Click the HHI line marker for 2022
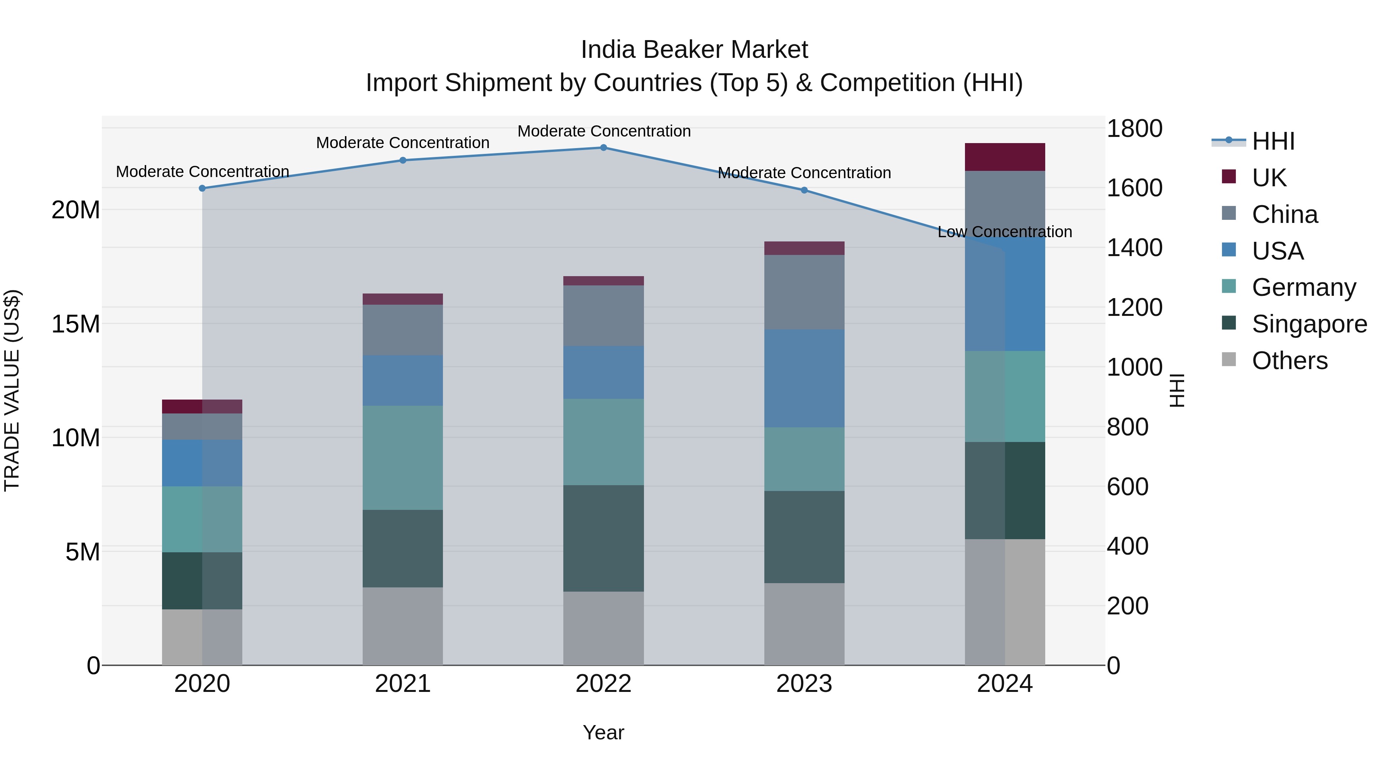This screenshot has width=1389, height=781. tap(603, 148)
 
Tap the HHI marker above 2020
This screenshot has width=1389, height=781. tap(202, 188)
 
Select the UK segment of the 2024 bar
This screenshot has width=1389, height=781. tap(1005, 157)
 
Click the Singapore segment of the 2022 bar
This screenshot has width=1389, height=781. tap(603, 538)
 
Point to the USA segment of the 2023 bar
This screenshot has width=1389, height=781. tap(804, 378)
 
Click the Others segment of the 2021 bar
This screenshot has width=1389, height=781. tap(403, 626)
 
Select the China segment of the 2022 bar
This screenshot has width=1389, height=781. tap(603, 315)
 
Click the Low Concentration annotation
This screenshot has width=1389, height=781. tap(1005, 232)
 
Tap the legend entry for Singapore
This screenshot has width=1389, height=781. tap(1309, 324)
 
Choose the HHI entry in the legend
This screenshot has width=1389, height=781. tap(1272, 141)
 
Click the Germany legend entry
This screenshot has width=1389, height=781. tap(1303, 287)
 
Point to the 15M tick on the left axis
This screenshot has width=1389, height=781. tap(76, 324)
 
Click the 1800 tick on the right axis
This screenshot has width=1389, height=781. tap(1134, 129)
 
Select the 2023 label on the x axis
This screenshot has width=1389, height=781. tap(804, 684)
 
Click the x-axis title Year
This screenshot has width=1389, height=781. tap(603, 732)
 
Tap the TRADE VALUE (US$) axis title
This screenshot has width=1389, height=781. tap(12, 390)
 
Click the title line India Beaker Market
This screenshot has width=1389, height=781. tap(694, 50)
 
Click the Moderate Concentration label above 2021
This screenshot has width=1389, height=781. tap(403, 143)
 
